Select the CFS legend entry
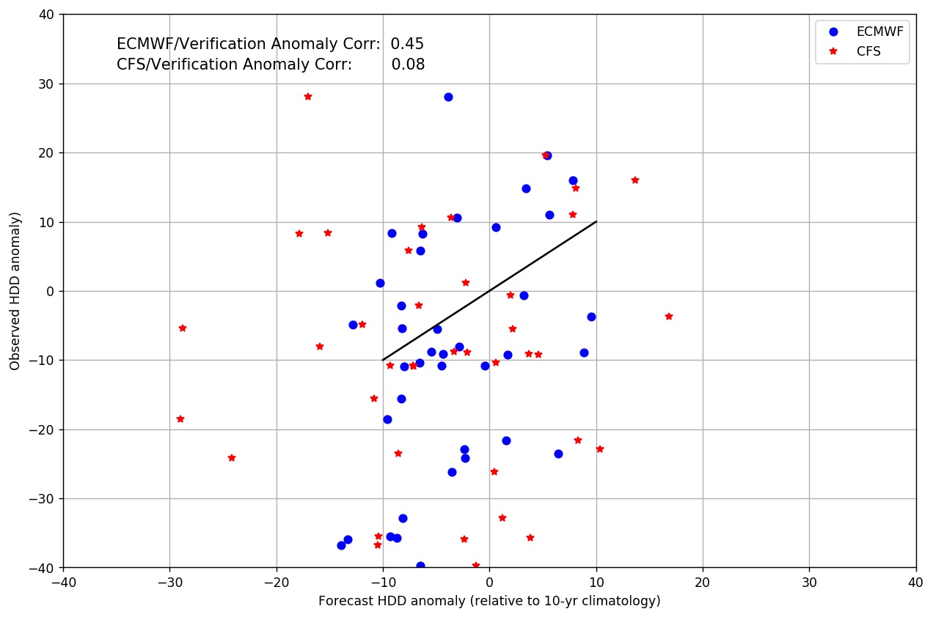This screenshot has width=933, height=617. point(868,51)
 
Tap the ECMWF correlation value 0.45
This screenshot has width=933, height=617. point(407,44)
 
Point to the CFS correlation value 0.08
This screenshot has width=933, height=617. point(408,64)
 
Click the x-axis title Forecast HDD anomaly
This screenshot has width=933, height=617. point(489,601)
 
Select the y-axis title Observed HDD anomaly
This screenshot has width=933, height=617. point(15,291)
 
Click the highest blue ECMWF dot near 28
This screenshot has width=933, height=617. point(448,97)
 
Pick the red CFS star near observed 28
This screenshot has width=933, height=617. point(307,96)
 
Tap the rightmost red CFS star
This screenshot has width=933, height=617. point(668,317)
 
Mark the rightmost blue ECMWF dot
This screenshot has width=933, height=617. point(591,317)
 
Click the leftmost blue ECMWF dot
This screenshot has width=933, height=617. point(341,545)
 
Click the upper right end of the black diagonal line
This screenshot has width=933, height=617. point(596,222)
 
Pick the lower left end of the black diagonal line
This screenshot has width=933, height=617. point(383,360)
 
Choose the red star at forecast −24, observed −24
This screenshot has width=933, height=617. point(232,458)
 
